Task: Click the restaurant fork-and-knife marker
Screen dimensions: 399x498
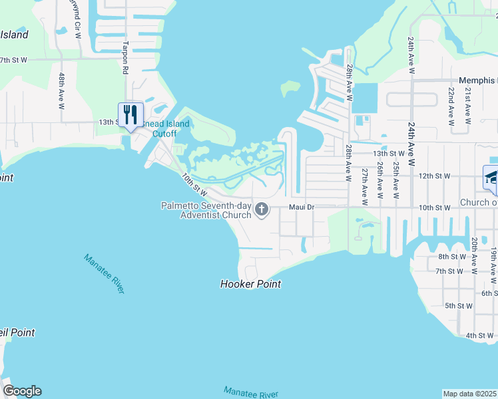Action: [130, 114]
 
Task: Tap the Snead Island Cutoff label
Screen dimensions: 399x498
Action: [164, 128]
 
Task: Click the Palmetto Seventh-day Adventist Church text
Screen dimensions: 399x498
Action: [206, 210]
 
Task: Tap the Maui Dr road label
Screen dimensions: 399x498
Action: [301, 207]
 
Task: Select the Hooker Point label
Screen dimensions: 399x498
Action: [250, 284]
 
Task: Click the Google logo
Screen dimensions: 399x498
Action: [22, 391]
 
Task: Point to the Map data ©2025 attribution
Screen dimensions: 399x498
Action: [470, 393]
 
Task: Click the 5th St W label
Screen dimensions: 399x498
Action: [459, 306]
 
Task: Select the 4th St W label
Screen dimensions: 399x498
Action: [479, 335]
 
